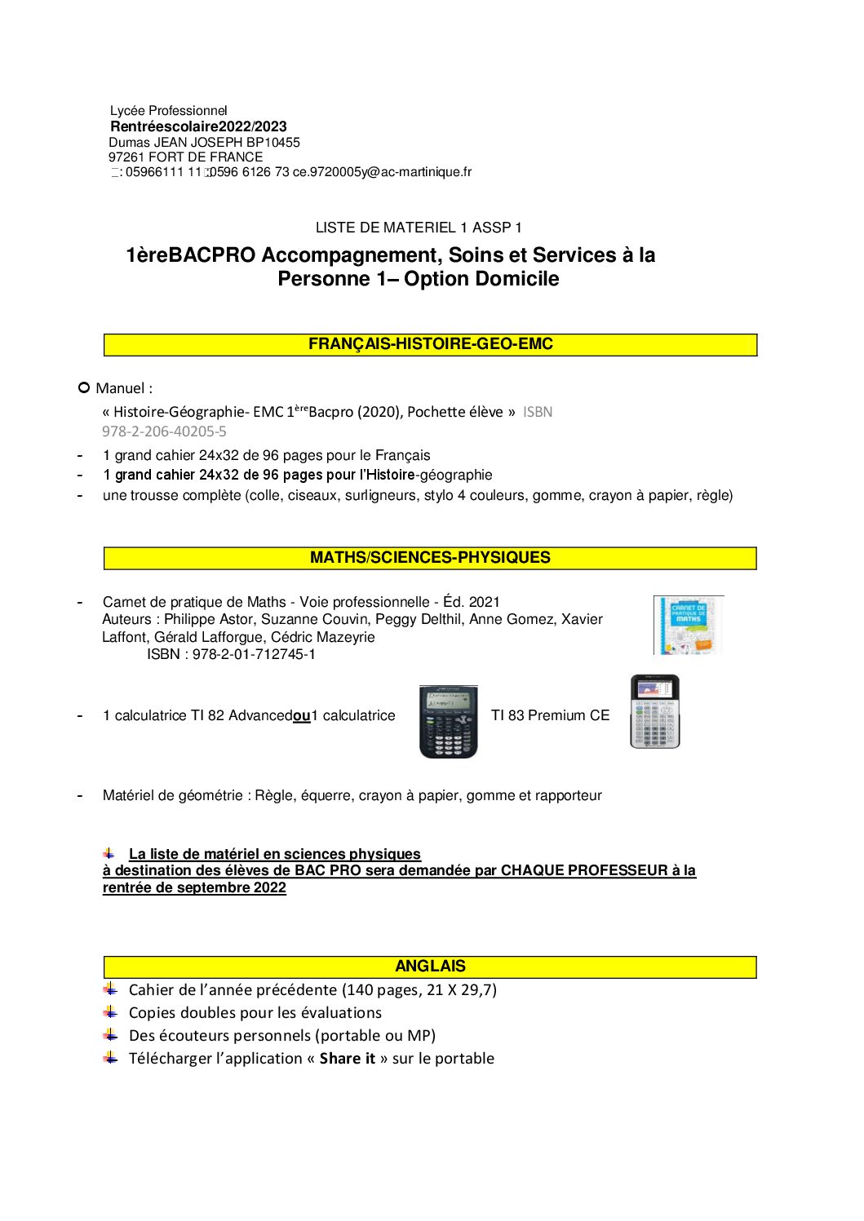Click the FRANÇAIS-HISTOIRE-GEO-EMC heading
tap(430, 344)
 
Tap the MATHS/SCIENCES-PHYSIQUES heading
tap(430, 558)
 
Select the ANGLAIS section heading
tap(430, 967)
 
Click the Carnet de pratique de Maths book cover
tap(688, 625)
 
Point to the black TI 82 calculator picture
tap(448, 722)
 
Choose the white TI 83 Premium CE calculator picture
tap(654, 711)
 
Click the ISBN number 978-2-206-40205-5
tap(164, 431)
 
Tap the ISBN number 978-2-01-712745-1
tap(254, 654)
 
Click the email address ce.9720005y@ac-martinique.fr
tap(382, 172)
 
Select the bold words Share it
tap(347, 1059)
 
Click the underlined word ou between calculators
tap(301, 716)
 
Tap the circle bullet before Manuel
tap(83, 387)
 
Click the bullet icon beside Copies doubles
tap(111, 1012)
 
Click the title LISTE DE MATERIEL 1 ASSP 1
tap(419, 228)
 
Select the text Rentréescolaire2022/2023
tap(198, 126)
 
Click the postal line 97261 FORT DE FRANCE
tap(185, 157)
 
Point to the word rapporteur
tap(568, 795)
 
